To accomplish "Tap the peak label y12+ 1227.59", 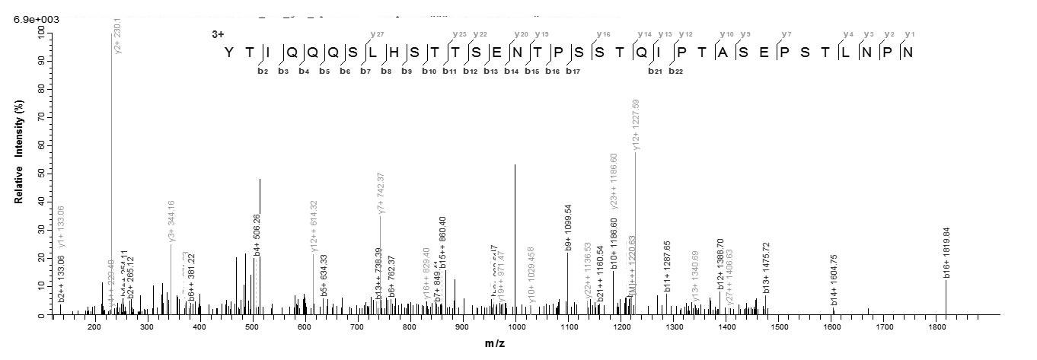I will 636,125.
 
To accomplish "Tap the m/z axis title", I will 495,344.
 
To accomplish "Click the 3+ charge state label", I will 218,34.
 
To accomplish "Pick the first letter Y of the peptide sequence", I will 228,53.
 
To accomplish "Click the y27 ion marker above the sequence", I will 375,34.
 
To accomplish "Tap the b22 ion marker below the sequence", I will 675,72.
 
